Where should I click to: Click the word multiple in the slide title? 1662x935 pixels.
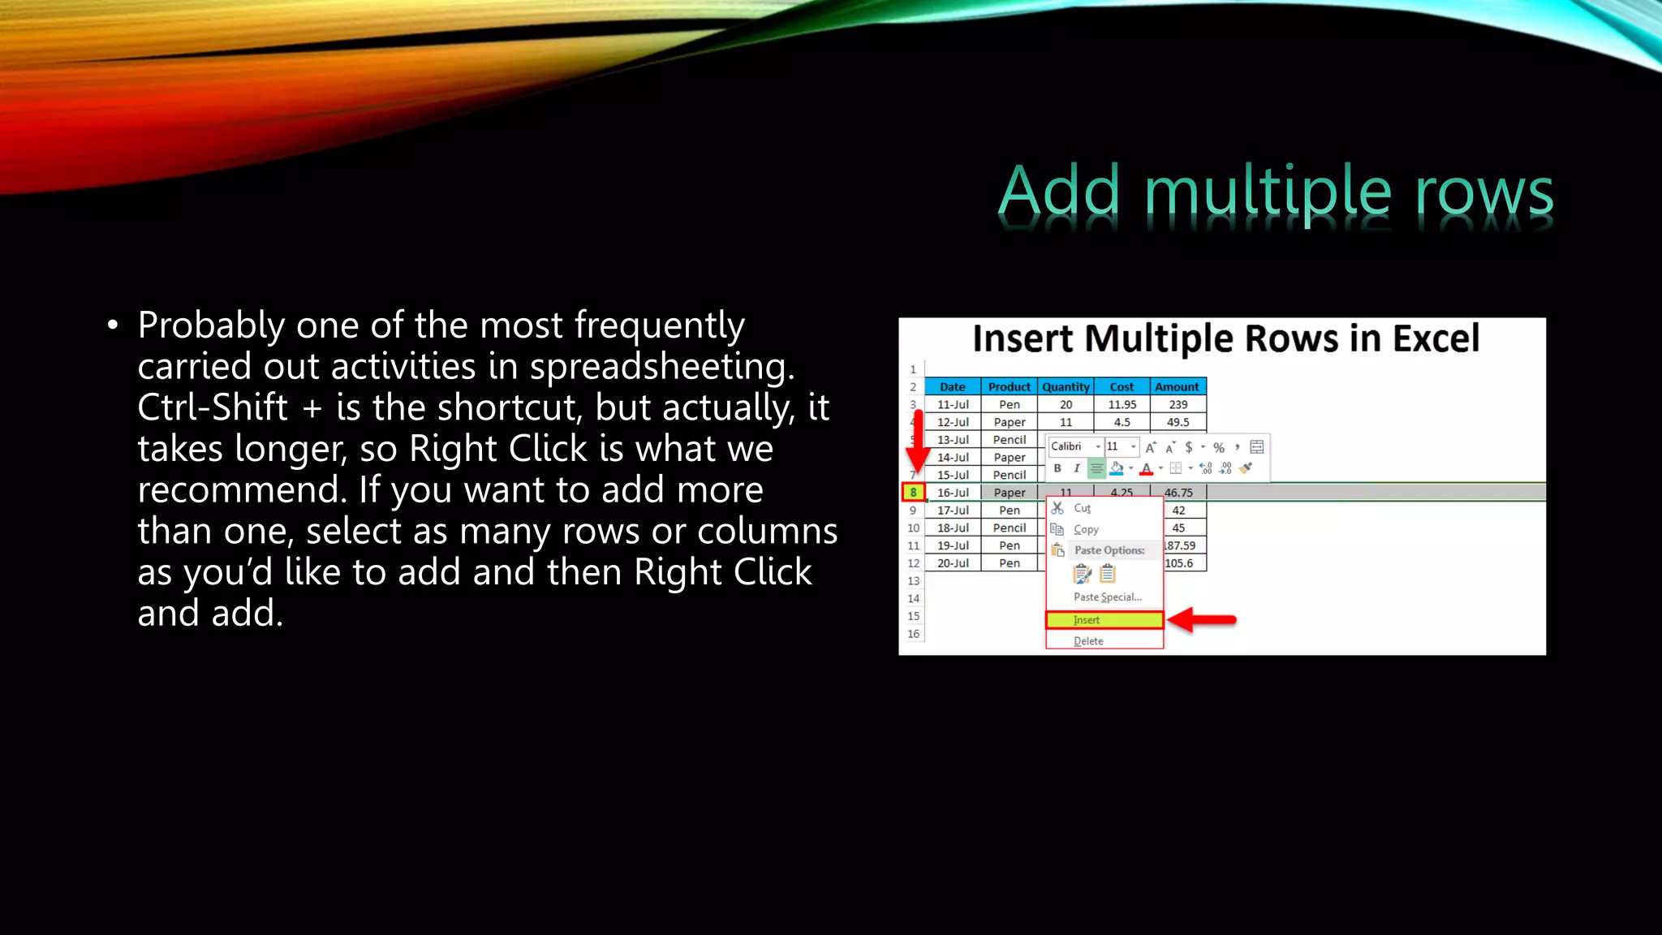coord(1268,192)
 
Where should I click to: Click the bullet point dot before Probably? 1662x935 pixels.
coord(113,326)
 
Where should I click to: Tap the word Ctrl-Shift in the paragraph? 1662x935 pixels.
coord(213,407)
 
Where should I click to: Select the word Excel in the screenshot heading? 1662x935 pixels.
coord(1436,338)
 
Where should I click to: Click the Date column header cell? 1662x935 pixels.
coord(952,387)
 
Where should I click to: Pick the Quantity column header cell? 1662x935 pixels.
coord(1066,387)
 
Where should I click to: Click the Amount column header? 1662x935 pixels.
coord(1177,387)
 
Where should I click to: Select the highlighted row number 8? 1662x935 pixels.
coord(913,492)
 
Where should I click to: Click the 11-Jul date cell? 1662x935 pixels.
coord(953,404)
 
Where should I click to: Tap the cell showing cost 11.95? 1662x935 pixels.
coord(1122,404)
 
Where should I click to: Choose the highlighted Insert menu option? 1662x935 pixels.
coord(1104,620)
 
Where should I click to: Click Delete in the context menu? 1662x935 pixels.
coord(1088,641)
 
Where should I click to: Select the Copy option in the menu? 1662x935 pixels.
coord(1086,529)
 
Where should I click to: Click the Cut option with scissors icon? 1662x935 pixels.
coord(1081,508)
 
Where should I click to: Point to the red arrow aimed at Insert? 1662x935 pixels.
coord(1203,620)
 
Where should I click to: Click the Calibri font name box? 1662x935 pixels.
coord(1070,446)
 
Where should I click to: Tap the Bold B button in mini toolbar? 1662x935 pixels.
coord(1057,468)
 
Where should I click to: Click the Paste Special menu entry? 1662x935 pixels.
coord(1107,597)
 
